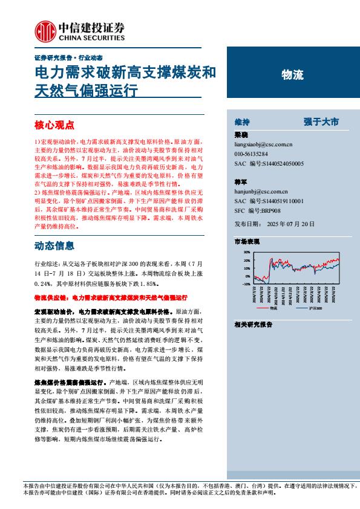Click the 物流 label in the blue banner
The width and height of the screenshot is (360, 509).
[x=293, y=76]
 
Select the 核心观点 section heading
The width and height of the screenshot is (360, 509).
[x=54, y=125]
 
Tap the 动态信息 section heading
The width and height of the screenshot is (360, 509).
[x=54, y=246]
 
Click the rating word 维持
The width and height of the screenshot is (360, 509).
[x=242, y=121]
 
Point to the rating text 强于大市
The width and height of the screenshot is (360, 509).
[x=321, y=121]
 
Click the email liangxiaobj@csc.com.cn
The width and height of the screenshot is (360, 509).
[x=263, y=145]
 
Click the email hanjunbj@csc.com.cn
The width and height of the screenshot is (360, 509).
[x=260, y=192]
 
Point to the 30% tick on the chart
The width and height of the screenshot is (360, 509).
[x=246, y=252]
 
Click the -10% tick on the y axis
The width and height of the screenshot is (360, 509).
[x=246, y=284]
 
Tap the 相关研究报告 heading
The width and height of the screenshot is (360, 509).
[x=253, y=325]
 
